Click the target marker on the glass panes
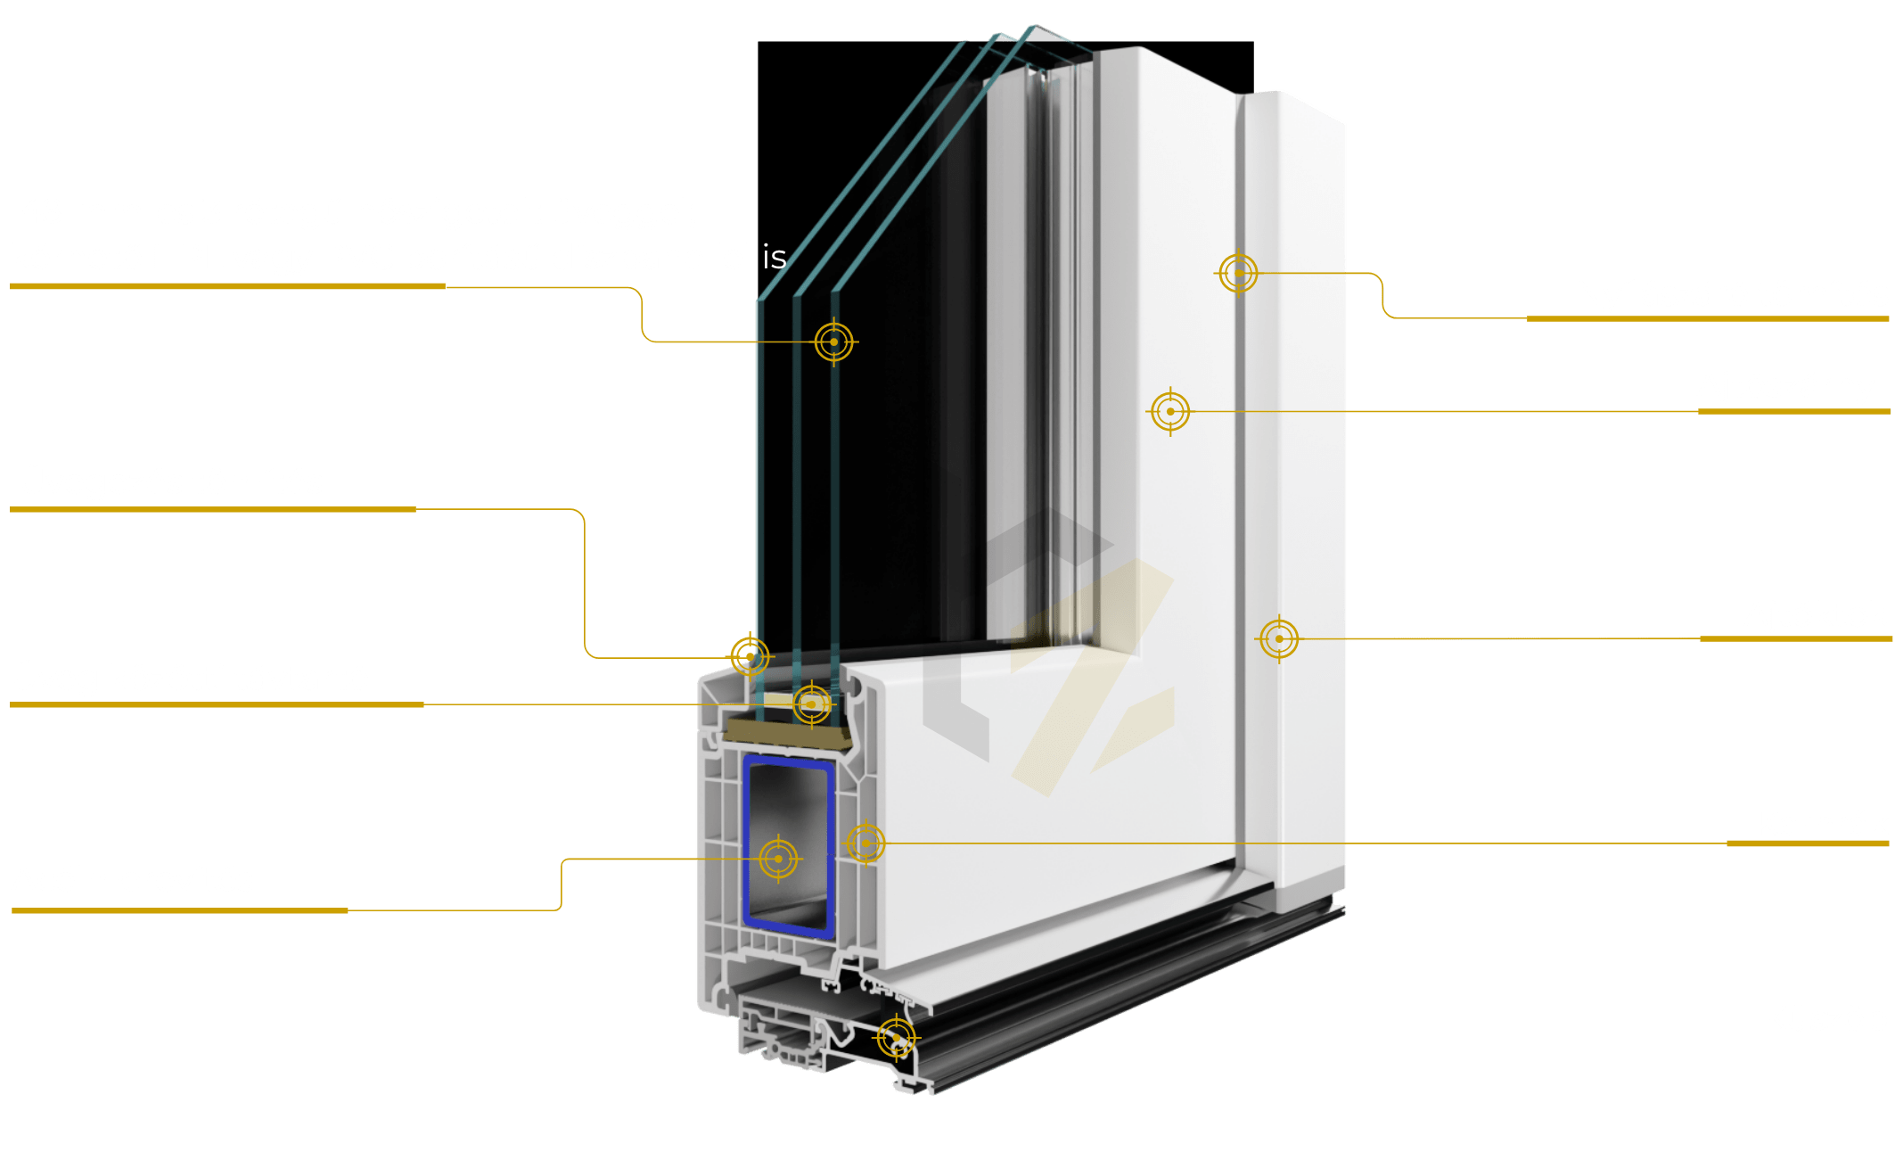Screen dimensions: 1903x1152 (833, 341)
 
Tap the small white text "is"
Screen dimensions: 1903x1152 (775, 257)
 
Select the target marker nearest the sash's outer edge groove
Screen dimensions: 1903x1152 (1238, 273)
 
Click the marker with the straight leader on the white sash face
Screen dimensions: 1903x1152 (1170, 411)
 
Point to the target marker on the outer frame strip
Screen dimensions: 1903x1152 (1279, 638)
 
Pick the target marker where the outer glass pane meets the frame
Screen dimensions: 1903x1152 (750, 657)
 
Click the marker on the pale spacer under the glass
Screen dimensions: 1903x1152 (812, 704)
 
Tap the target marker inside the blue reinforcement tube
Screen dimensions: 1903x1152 (778, 859)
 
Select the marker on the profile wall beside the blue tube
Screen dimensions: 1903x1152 (865, 843)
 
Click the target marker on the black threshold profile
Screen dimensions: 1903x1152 (896, 1038)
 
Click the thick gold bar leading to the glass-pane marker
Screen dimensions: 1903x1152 (227, 286)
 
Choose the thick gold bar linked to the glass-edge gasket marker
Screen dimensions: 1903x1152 (213, 509)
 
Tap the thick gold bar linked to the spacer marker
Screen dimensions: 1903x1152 (217, 704)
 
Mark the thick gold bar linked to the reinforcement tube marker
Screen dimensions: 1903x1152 (179, 910)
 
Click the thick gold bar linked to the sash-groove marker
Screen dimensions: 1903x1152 (1708, 318)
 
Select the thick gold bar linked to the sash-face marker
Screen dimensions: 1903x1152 (1794, 411)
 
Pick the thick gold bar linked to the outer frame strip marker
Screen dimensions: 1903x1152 (1796, 638)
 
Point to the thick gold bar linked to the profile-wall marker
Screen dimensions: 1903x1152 (1808, 843)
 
